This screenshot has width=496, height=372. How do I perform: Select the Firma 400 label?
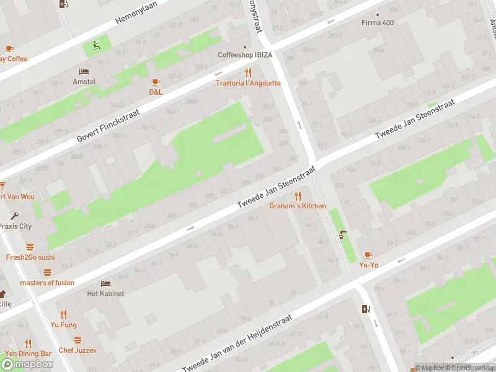click(378, 23)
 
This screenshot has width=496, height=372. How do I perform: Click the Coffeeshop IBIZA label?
click(244, 55)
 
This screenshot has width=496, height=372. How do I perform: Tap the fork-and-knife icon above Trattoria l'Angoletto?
click(249, 73)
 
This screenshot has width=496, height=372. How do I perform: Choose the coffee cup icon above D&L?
click(156, 82)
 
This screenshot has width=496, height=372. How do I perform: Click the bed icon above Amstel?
click(84, 71)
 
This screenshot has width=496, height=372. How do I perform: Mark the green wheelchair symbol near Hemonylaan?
click(95, 44)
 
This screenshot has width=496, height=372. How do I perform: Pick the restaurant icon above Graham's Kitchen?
click(298, 196)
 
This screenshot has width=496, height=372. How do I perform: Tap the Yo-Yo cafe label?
click(368, 265)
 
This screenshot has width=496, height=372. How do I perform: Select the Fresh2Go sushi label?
click(30, 257)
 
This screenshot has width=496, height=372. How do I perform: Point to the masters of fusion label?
click(47, 283)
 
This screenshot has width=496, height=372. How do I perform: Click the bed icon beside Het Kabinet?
click(105, 283)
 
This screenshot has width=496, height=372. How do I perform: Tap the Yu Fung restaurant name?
click(63, 324)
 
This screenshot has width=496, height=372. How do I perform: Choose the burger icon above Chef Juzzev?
click(77, 340)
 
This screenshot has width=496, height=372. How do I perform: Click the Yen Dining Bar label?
click(28, 353)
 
